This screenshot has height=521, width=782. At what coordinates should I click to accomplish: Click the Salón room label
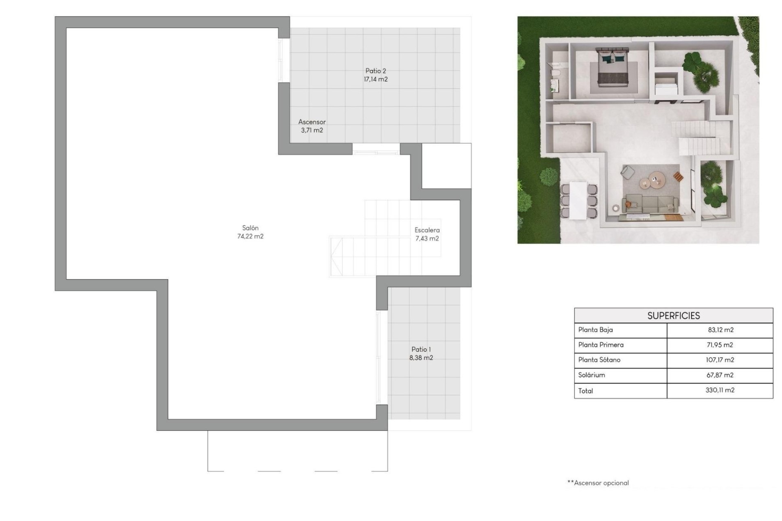tap(250, 228)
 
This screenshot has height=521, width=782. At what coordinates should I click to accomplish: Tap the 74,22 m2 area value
tap(250, 236)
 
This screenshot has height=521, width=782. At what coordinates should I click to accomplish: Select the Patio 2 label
tap(376, 71)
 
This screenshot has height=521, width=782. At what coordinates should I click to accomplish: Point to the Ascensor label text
tap(312, 122)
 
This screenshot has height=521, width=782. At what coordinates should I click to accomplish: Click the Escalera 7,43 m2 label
tap(427, 234)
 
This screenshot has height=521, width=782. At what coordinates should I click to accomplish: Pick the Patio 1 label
tap(421, 349)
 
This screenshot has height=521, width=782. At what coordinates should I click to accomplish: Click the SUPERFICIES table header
tap(673, 315)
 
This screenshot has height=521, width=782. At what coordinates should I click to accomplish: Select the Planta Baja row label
tap(595, 330)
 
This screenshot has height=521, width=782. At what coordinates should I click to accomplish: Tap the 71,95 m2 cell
tap(720, 345)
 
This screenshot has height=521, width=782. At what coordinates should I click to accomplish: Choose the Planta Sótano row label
tap(599, 360)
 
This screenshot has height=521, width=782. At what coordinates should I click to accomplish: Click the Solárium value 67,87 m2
tap(720, 375)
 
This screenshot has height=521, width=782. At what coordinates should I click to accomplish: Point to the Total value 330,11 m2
tap(720, 390)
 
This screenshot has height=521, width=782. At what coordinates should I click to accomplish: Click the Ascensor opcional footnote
tap(598, 483)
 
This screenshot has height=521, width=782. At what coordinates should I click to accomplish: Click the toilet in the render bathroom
tap(555, 73)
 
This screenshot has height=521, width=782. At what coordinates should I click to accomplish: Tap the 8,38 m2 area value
tap(421, 358)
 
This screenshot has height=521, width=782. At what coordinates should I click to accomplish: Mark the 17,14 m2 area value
tap(376, 79)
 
